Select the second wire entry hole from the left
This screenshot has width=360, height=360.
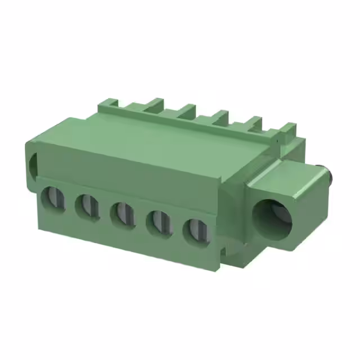tap(87, 206)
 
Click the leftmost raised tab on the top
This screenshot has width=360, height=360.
tap(109, 105)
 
